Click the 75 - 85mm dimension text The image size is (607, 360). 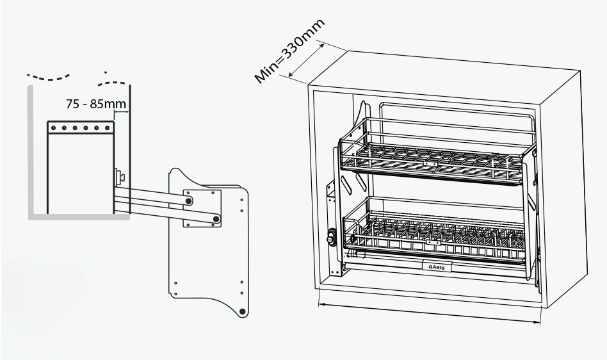click(95, 104)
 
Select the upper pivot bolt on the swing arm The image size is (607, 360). click(190, 201)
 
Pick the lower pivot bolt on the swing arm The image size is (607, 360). click(217, 219)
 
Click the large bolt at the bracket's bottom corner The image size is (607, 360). click(242, 311)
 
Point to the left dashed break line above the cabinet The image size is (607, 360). click(47, 76)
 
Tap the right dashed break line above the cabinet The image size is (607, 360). click(113, 82)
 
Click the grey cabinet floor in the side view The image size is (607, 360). click(77, 217)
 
